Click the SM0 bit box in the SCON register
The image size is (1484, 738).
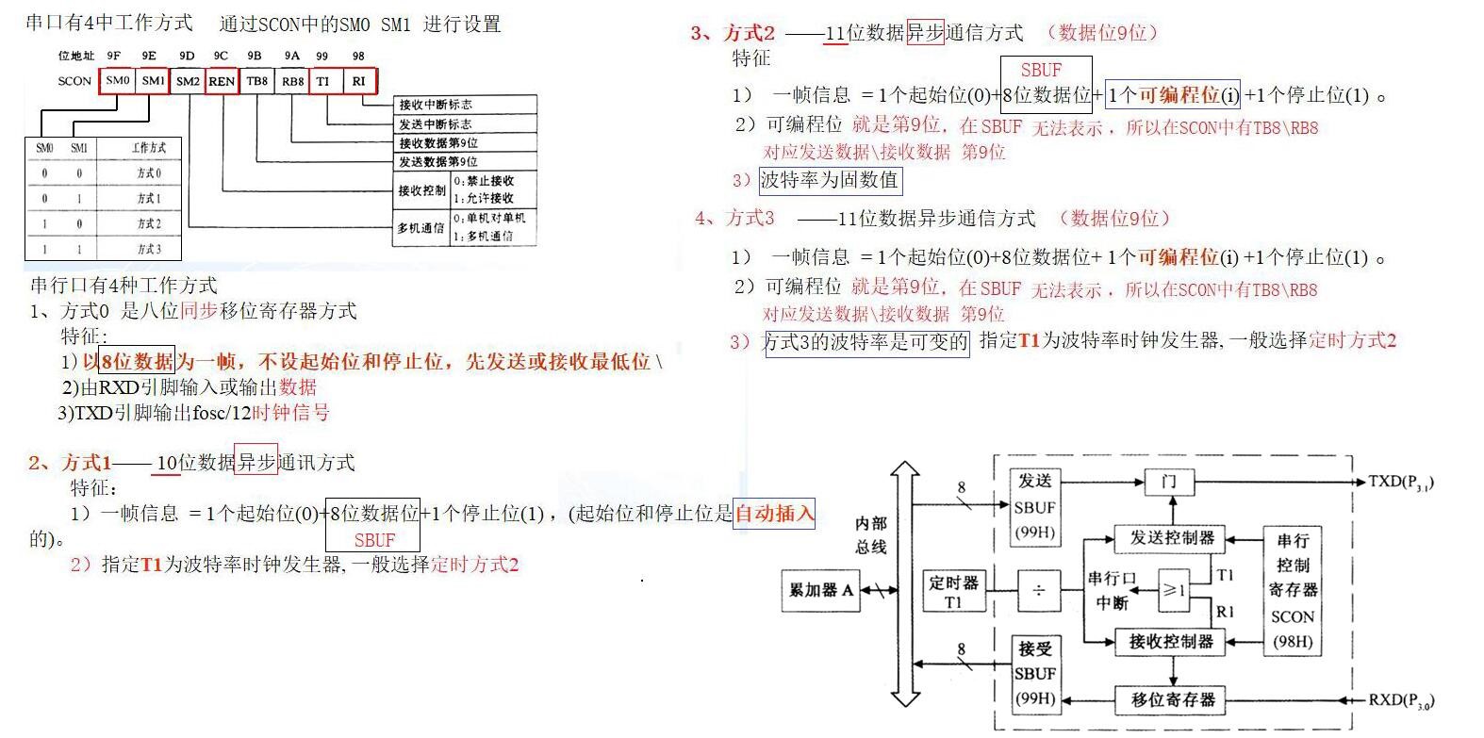(x=118, y=81)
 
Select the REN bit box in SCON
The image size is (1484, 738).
(x=222, y=81)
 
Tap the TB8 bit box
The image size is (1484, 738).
(x=257, y=81)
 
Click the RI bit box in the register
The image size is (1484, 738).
(x=359, y=81)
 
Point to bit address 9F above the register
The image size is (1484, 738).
(x=114, y=57)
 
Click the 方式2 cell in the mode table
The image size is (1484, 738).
(x=149, y=224)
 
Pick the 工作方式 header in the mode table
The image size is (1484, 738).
(x=149, y=148)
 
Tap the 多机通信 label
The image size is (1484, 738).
(x=420, y=228)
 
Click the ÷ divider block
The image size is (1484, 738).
(x=1038, y=591)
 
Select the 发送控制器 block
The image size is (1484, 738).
(x=1171, y=538)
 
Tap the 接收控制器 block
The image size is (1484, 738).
(x=1171, y=642)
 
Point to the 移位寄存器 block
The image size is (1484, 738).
(x=1173, y=699)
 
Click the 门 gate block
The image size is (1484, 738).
(x=1169, y=482)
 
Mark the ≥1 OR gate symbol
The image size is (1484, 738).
(x=1174, y=590)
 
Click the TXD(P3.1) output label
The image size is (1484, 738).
(x=1401, y=483)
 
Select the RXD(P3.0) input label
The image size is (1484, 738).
(x=1401, y=700)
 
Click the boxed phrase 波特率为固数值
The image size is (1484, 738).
(x=830, y=179)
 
